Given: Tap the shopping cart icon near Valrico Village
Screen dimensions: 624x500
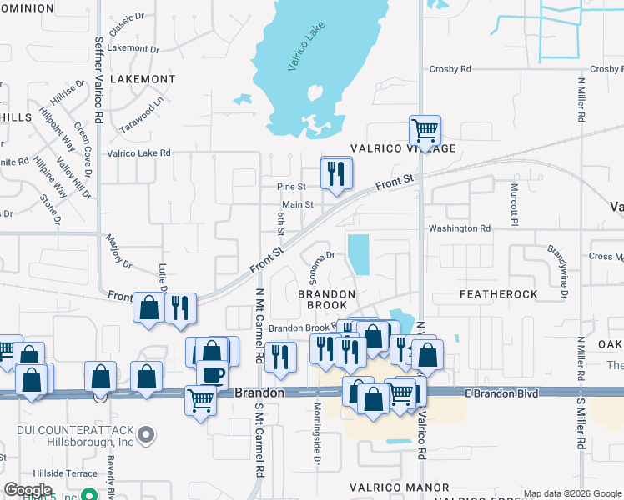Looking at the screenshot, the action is click(x=425, y=131).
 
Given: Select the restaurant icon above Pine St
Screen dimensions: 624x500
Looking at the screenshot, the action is click(x=336, y=173).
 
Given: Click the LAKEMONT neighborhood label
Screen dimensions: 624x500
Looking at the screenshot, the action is click(x=141, y=79).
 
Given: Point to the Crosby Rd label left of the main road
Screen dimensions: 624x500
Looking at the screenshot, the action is click(x=450, y=69).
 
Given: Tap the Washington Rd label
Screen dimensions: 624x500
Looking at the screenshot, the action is click(x=459, y=228).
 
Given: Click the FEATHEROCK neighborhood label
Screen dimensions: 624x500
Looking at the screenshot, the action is click(x=499, y=295).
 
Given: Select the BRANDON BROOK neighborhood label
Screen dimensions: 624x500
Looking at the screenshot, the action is click(x=327, y=300).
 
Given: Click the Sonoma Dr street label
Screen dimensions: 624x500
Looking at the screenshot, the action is click(x=317, y=256).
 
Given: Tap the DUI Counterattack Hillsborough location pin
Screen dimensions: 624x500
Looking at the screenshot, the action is click(x=146, y=434).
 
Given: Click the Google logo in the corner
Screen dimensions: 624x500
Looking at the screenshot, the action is click(x=28, y=489).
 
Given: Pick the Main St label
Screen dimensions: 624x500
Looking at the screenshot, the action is click(x=297, y=204).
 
